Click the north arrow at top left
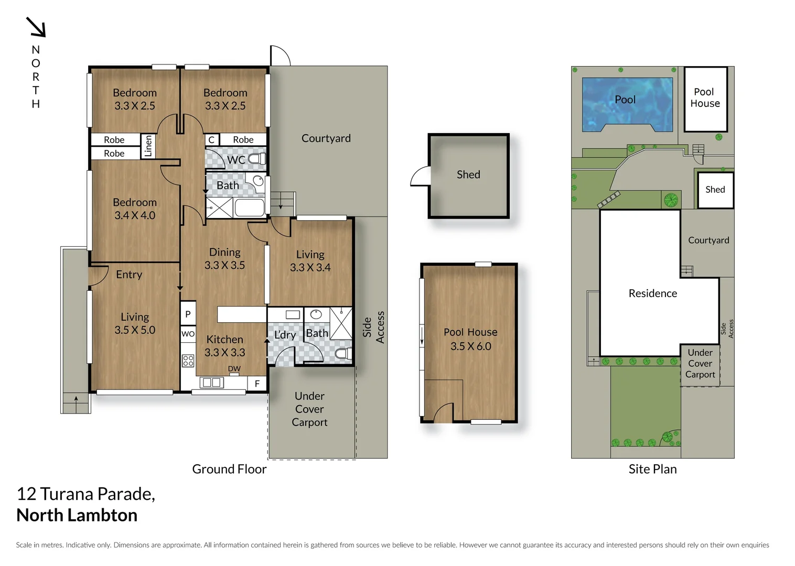(x=36, y=27)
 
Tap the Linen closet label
(x=148, y=146)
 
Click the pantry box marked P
(x=188, y=314)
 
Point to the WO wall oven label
(x=188, y=334)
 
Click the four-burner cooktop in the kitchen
(x=188, y=361)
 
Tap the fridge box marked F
(x=257, y=384)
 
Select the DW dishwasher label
(x=234, y=369)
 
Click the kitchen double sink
(x=212, y=383)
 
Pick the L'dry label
(x=285, y=335)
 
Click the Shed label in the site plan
(x=715, y=190)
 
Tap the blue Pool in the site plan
(x=626, y=100)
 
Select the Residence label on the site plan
(x=652, y=293)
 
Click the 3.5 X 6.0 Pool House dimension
(x=470, y=346)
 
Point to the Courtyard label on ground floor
(x=326, y=138)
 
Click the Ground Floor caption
(x=229, y=469)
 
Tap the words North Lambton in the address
(x=77, y=515)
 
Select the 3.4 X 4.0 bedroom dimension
(x=135, y=215)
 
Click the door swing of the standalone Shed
(x=420, y=177)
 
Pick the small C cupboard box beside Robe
(x=211, y=140)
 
